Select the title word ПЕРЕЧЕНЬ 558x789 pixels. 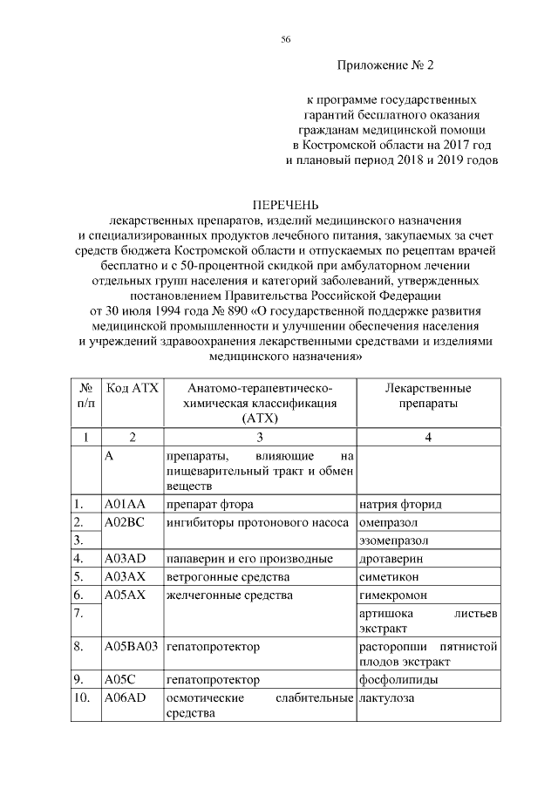pos(285,204)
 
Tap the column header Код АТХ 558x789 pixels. pos(132,387)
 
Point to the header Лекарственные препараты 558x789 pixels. pos(428,395)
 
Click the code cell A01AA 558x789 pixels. pos(123,505)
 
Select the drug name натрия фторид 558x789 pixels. pos(400,505)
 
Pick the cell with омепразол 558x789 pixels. pos(389,522)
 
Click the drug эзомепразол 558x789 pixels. pos(394,541)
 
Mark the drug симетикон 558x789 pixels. pos(389,577)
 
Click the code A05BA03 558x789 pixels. pos(131,646)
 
